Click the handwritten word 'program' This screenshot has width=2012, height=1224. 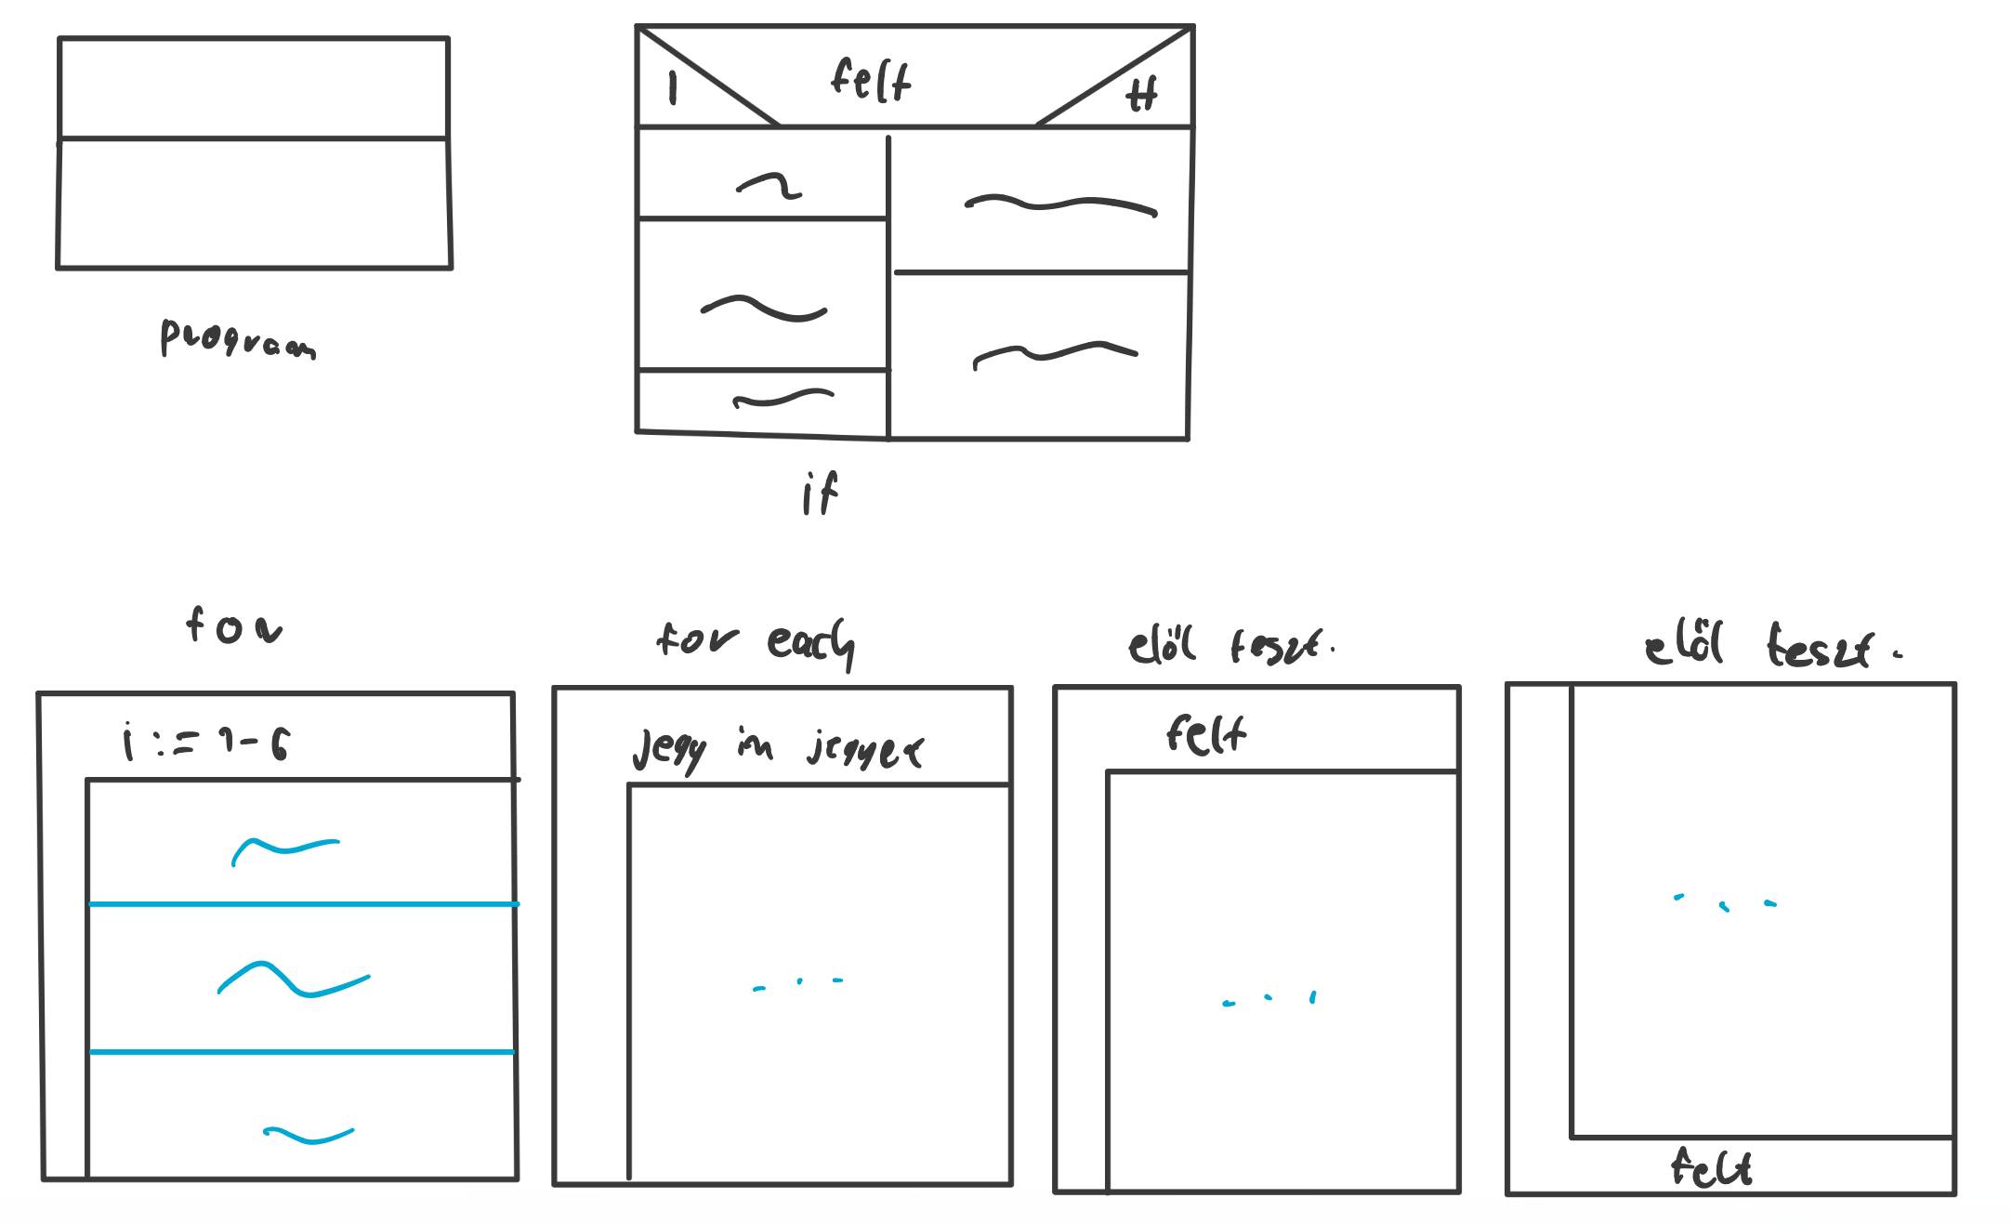238,339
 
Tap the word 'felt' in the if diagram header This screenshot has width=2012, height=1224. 871,80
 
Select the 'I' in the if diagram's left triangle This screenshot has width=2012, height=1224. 673,88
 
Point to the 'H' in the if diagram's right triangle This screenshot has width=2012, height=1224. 1142,94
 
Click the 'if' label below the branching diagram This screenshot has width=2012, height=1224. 820,494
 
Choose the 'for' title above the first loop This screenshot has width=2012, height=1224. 233,626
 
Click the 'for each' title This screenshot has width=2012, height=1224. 755,641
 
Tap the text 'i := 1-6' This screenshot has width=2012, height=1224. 206,744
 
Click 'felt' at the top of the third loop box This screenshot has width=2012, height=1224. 1205,735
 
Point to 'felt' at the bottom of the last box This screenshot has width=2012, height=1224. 1711,1167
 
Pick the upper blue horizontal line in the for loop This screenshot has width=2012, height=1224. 303,903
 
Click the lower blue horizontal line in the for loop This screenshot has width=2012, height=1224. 301,1052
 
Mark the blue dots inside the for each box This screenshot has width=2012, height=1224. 798,983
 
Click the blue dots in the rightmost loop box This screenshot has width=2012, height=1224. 1725,902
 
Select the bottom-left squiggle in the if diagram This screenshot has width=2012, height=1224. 783,400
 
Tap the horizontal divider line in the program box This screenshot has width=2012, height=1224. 253,139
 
